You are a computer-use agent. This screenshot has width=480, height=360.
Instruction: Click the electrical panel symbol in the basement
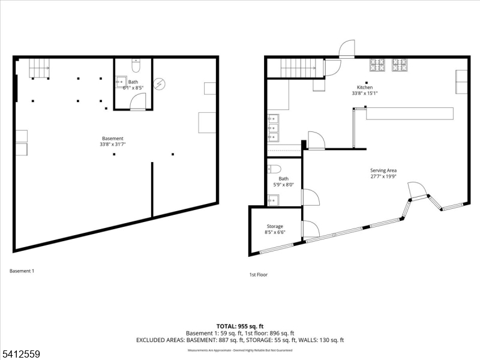[160, 84]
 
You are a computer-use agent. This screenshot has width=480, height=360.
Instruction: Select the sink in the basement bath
[121, 83]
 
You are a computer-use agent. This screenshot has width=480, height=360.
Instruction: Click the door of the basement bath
[137, 102]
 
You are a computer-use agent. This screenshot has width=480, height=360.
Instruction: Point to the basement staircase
[40, 68]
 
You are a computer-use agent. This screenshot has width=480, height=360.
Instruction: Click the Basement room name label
[112, 139]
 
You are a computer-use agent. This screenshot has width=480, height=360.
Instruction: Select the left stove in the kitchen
[377, 64]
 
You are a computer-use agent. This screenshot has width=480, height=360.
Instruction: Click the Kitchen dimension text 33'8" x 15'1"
[365, 93]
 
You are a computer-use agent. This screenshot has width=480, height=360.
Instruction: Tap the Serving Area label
[383, 170]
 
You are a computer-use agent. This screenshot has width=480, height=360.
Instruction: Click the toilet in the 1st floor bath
[274, 169]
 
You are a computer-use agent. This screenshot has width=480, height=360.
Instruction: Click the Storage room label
[275, 226]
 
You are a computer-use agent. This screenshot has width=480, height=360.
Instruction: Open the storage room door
[311, 229]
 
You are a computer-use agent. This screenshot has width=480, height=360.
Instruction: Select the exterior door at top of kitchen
[347, 49]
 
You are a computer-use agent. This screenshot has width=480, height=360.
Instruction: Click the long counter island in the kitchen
[410, 113]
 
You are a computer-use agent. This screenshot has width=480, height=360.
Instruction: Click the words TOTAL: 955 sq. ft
[240, 326]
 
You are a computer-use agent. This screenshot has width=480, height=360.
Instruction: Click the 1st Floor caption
[259, 275]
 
